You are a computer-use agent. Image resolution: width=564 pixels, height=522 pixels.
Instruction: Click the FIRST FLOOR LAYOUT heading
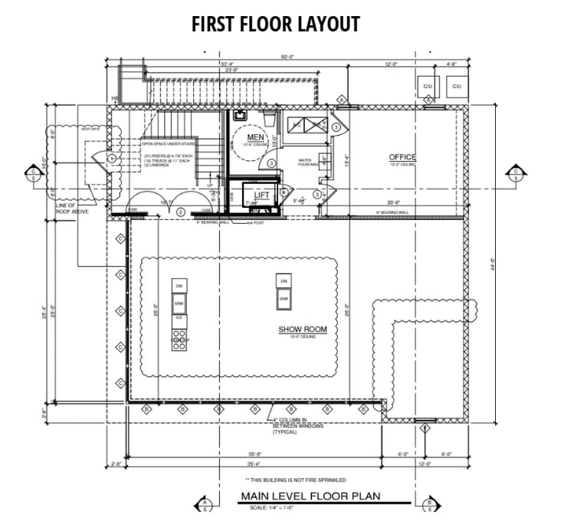(276, 24)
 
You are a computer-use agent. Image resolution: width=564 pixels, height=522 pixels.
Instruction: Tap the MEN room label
(254, 137)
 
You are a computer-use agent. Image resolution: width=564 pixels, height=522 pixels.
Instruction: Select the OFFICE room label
(402, 157)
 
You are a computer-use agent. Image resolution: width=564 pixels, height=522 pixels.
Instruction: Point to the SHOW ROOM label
(302, 330)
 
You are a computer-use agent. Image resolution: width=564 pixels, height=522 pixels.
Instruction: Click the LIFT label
(262, 195)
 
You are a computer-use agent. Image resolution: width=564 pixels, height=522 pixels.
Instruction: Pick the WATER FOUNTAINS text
(309, 163)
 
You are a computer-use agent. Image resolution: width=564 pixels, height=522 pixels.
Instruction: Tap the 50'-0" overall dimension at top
(287, 56)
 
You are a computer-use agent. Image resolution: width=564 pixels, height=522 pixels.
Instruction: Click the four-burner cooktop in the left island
(179, 340)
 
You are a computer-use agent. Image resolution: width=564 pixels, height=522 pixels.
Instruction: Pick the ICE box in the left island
(179, 317)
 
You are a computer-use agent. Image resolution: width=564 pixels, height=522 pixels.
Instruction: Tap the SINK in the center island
(283, 298)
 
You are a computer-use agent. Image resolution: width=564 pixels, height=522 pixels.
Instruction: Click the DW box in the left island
(179, 286)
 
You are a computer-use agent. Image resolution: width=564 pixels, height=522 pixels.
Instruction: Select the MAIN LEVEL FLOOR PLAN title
(310, 496)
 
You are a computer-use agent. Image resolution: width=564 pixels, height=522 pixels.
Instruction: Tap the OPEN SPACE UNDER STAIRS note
(169, 143)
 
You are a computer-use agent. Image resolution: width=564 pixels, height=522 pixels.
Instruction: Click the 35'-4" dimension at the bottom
(253, 463)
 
